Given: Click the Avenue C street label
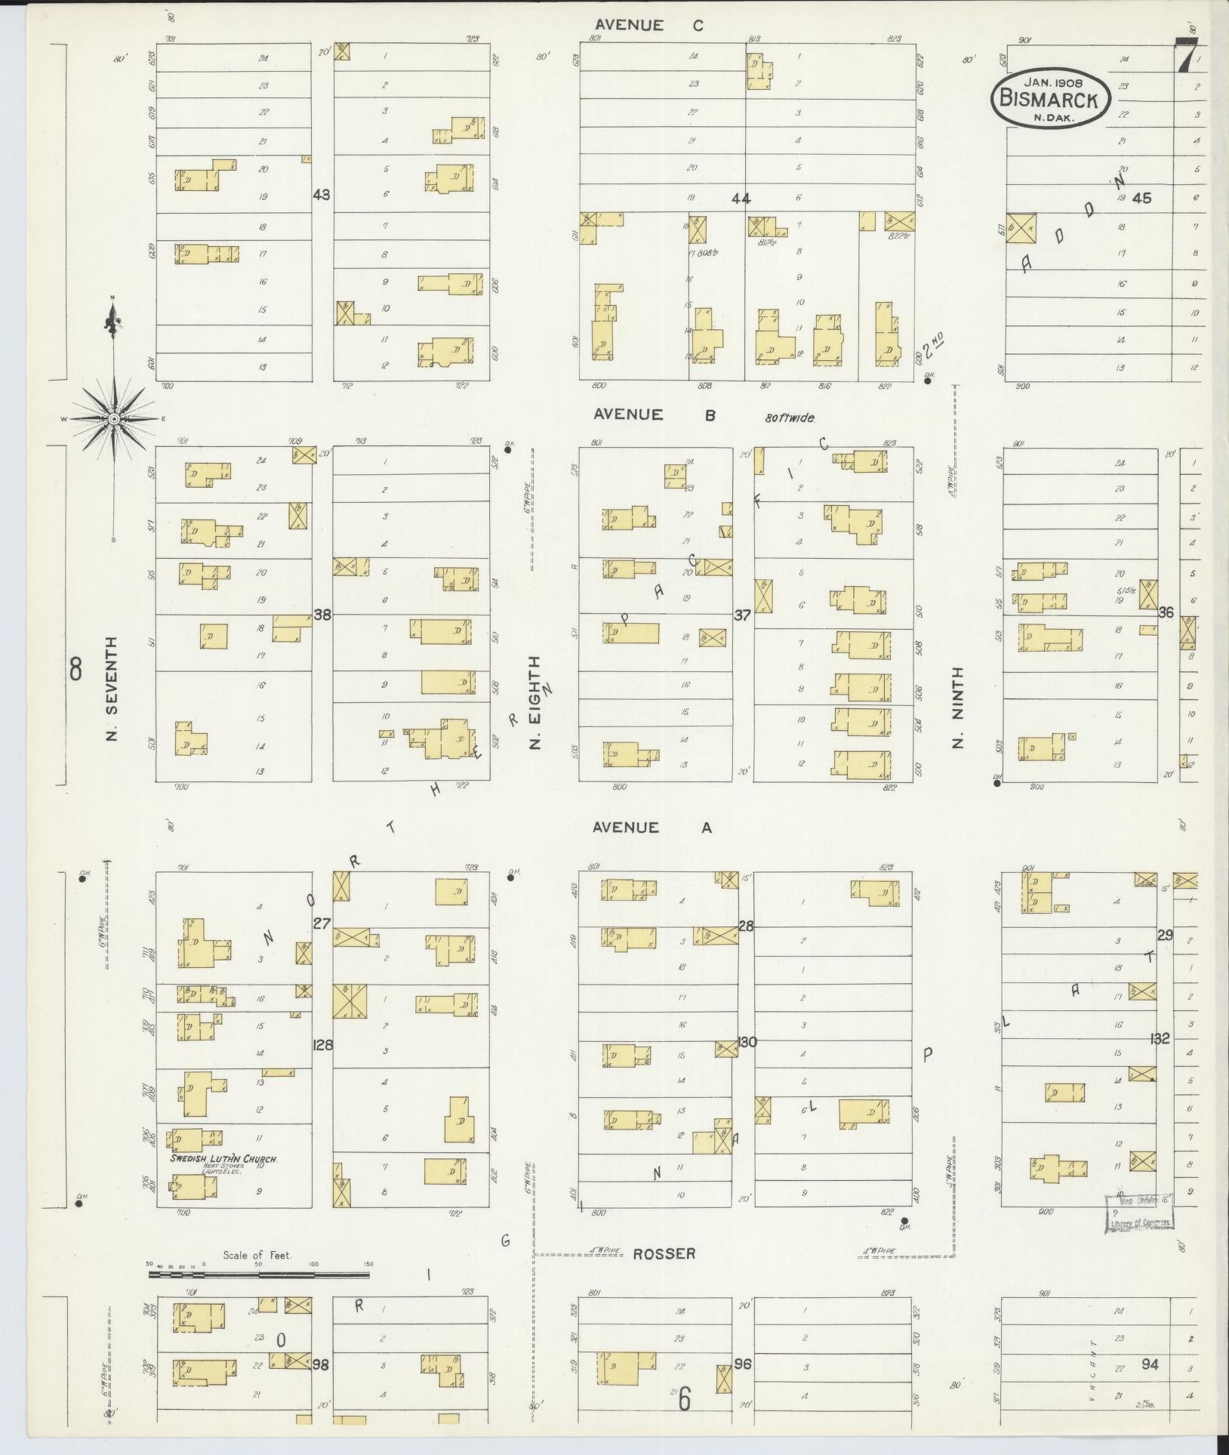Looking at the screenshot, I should pos(648,26).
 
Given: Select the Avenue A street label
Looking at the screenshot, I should pos(651,828).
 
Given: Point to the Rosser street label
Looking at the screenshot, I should pos(664,1253).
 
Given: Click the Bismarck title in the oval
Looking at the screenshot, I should pos(1049,97).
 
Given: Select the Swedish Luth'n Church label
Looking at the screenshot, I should pos(224,1158).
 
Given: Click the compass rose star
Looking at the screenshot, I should pos(113,418).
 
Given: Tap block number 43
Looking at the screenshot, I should pos(322,195).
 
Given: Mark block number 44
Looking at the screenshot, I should pos(741,199).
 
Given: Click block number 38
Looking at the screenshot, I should pos(322,615).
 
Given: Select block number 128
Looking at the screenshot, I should pos(323,1045).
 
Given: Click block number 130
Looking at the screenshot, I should pos(747,1043).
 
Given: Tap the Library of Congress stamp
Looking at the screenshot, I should pos(1141,1214).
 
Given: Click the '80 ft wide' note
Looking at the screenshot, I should pos(790,417).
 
